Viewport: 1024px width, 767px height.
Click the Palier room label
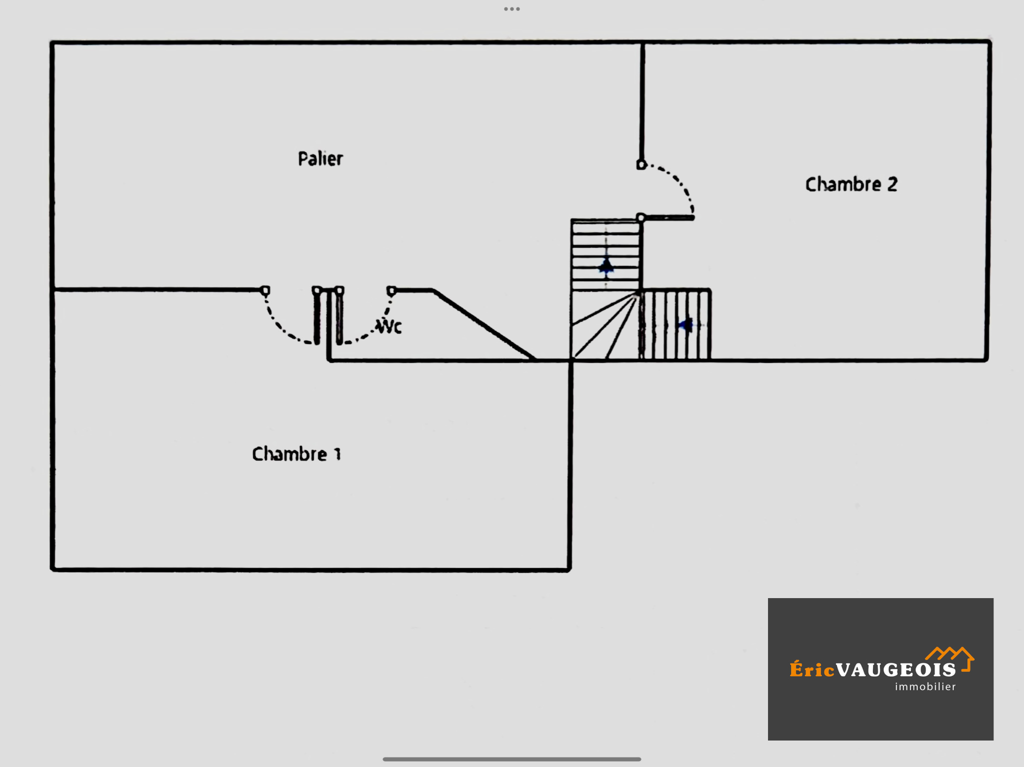coord(320,159)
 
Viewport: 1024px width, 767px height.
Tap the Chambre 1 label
coord(296,454)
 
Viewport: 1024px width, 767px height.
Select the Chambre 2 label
coord(851,184)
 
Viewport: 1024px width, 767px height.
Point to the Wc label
coord(389,326)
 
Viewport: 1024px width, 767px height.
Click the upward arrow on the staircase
coord(606,266)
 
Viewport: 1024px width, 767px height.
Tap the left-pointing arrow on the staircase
coord(685,325)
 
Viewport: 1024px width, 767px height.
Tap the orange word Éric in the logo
coord(812,670)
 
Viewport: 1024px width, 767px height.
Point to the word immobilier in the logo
coord(925,687)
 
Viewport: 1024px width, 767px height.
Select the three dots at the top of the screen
coord(511,9)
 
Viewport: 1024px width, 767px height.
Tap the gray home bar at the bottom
coord(511,759)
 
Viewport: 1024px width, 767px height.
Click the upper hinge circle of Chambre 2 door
coord(641,164)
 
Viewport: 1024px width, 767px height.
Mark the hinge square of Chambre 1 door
coord(265,290)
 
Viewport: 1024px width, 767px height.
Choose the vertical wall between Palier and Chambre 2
coord(642,100)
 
